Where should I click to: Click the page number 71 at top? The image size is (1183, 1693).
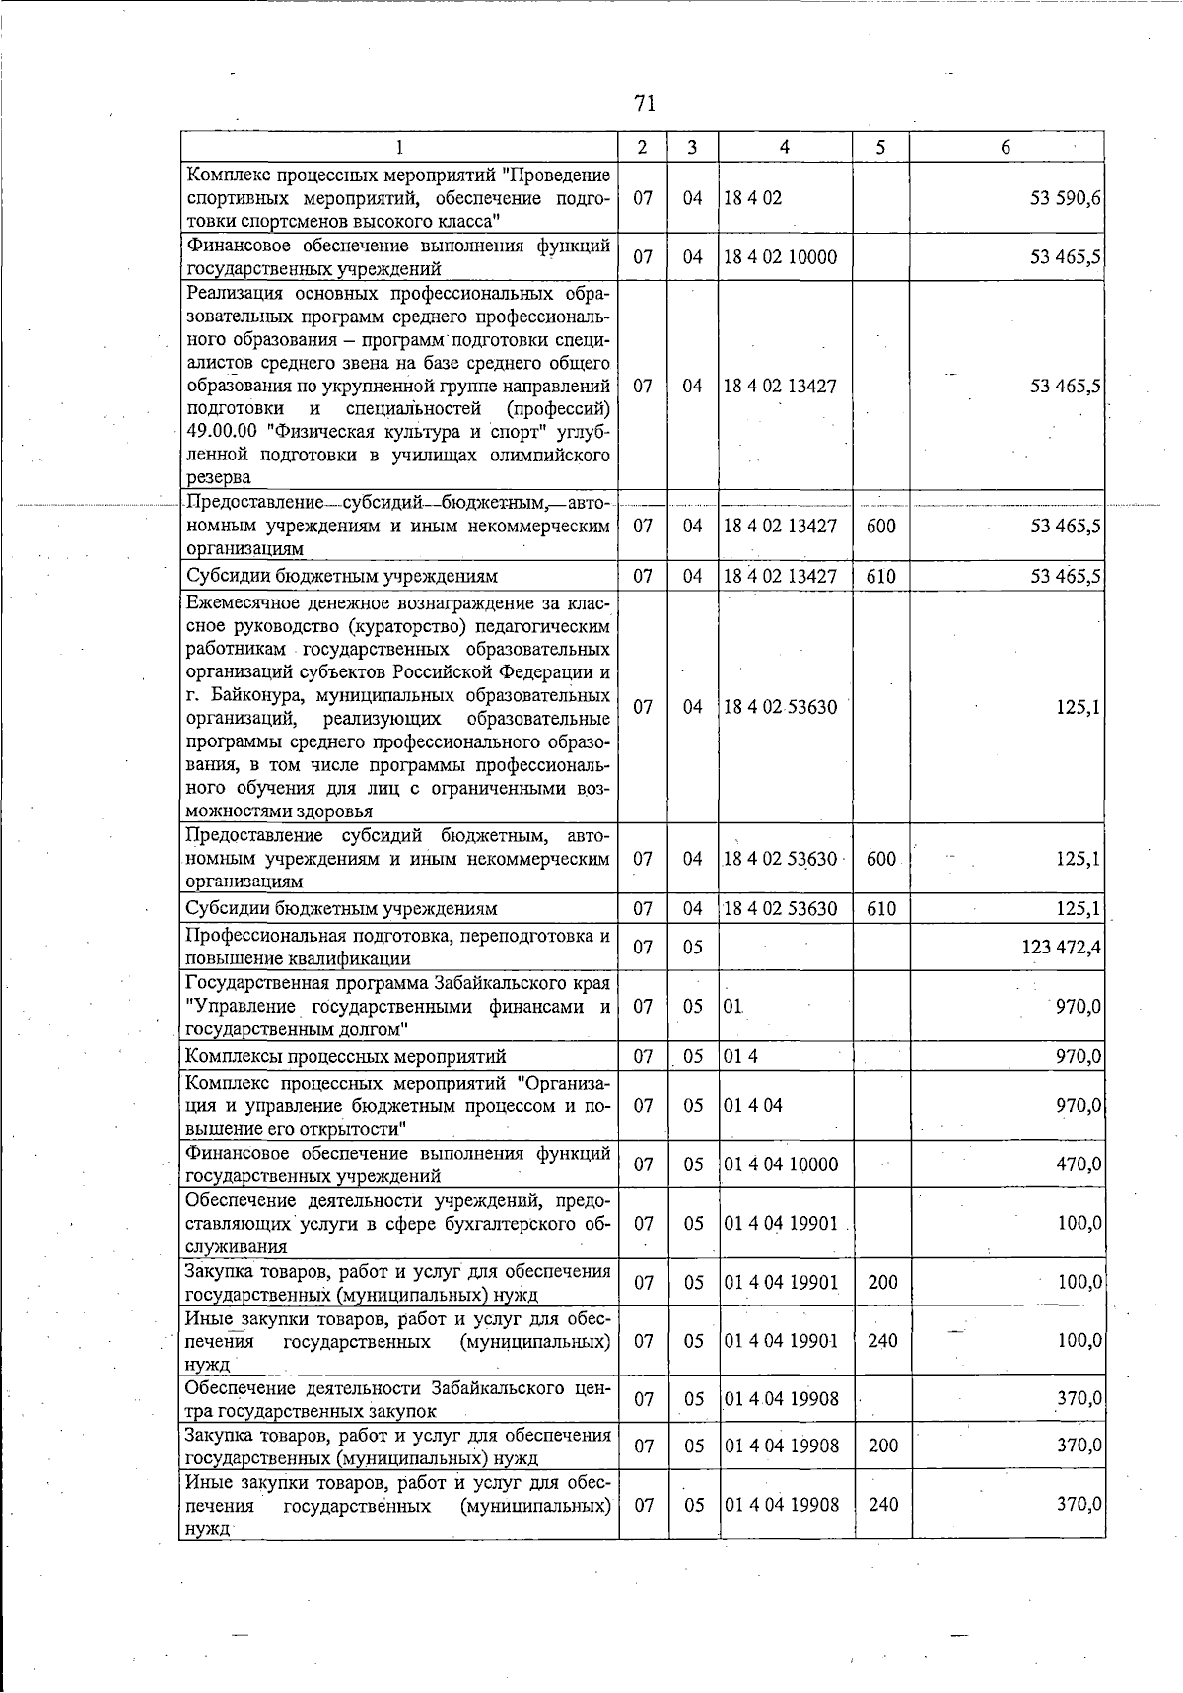(646, 104)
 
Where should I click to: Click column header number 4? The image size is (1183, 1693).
(784, 147)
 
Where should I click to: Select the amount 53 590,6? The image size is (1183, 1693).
(1066, 197)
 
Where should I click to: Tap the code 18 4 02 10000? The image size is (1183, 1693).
(780, 257)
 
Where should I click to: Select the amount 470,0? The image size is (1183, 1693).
(1079, 1164)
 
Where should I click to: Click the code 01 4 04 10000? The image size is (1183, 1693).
(781, 1164)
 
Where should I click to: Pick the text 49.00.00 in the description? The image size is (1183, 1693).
(222, 432)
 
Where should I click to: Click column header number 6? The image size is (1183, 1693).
(1006, 147)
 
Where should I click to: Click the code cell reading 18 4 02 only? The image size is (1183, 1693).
(752, 197)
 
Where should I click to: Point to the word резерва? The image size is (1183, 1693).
(219, 477)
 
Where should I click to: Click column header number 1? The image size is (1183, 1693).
(399, 147)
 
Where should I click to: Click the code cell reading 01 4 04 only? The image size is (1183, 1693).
(753, 1105)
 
